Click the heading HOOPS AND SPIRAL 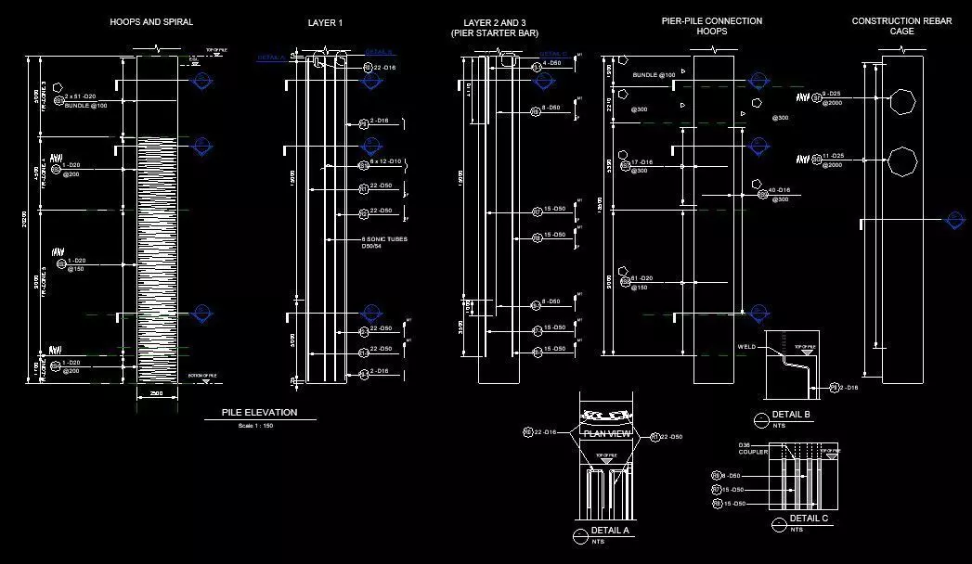point(151,22)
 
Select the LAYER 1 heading point(325,23)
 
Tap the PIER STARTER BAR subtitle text point(494,33)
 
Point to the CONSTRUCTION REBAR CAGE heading point(901,26)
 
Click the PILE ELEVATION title point(259,412)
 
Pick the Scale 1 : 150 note point(256,426)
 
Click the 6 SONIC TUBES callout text point(383,239)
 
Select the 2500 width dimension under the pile point(155,394)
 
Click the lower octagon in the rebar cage point(901,161)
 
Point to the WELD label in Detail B point(747,347)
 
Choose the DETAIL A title point(611,531)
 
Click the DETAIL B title point(791,414)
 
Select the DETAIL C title point(809,519)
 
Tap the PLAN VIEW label point(606,434)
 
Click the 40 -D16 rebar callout point(778,190)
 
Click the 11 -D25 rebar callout point(833,156)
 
